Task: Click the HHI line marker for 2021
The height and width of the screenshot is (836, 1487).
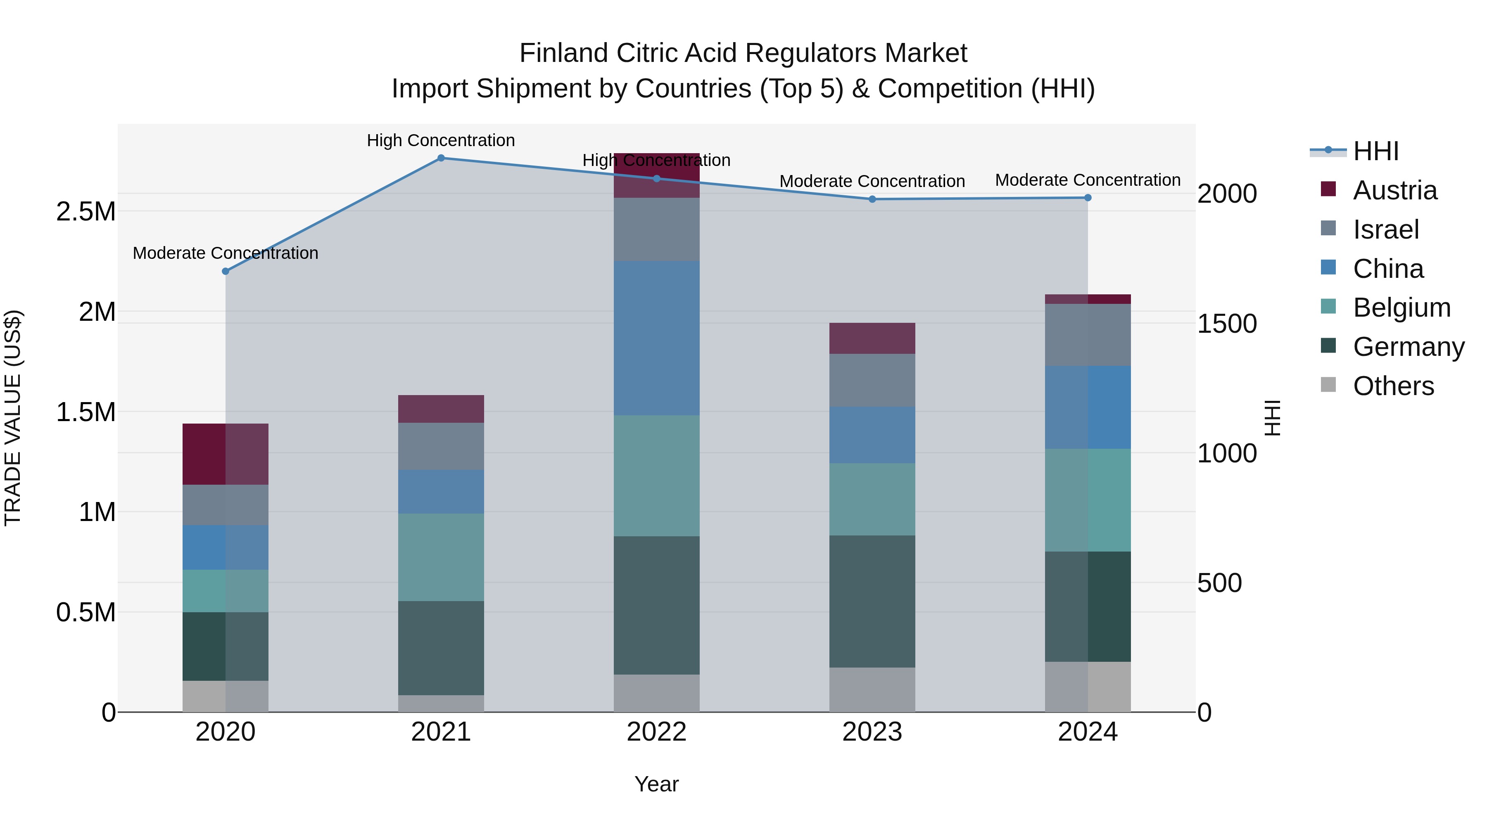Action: [x=441, y=158]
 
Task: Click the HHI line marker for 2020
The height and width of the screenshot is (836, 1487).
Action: [x=226, y=271]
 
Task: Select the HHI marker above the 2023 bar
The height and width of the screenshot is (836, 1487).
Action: [x=872, y=199]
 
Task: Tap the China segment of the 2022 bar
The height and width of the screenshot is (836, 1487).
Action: [x=656, y=338]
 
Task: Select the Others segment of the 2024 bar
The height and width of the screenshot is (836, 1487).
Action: [x=1088, y=687]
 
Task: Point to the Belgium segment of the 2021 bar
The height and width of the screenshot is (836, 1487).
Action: [x=441, y=557]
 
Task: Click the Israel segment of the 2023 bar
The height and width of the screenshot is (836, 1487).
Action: [x=872, y=380]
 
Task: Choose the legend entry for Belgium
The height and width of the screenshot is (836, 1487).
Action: [x=1401, y=308]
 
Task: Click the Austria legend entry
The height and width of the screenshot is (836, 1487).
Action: [x=1394, y=190]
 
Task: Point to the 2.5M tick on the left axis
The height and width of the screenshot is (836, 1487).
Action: [x=86, y=212]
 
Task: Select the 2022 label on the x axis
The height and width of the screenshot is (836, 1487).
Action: [x=656, y=732]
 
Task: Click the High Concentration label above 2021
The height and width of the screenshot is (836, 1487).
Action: [x=441, y=140]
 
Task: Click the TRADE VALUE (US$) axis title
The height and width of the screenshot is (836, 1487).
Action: [x=13, y=418]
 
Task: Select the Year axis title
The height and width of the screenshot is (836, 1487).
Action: [x=656, y=784]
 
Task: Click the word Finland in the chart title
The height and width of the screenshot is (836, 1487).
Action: [x=564, y=53]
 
